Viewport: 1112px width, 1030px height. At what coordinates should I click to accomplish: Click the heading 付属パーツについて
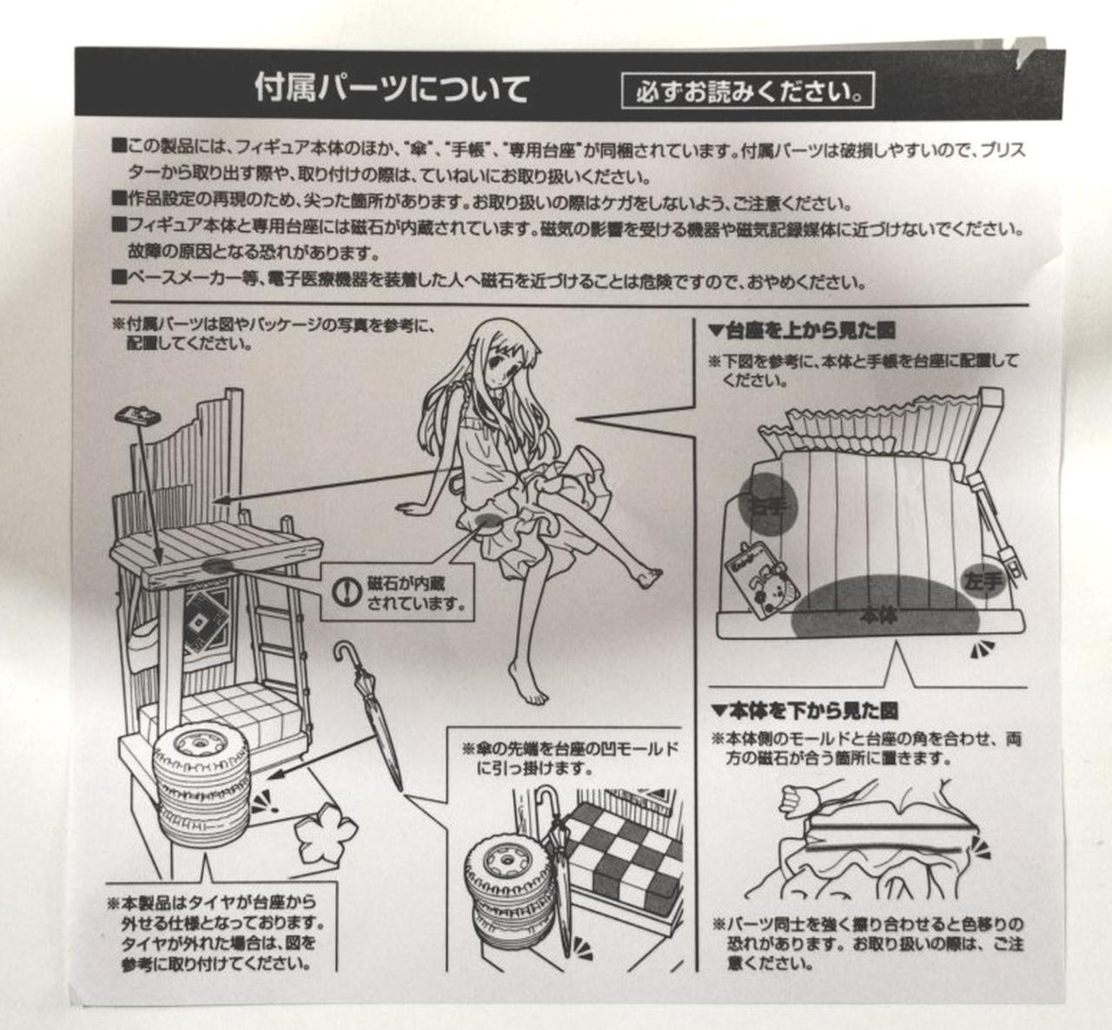click(392, 89)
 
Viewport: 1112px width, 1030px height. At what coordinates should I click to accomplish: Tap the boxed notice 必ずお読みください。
click(747, 91)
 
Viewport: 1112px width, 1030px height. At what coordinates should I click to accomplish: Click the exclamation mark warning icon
click(345, 591)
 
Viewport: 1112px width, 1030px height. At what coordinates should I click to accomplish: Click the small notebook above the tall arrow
click(138, 415)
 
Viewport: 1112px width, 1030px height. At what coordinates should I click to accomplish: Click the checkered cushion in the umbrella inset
click(624, 855)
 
